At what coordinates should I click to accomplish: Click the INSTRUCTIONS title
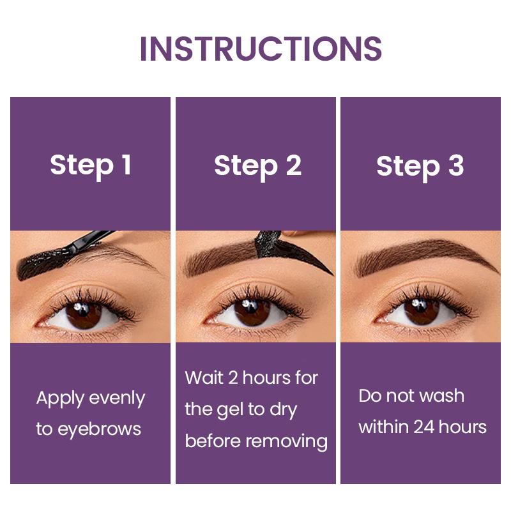click(x=261, y=49)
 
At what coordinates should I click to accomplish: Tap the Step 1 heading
click(x=90, y=165)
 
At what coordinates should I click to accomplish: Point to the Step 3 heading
click(x=420, y=166)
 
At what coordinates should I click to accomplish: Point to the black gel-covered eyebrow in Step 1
click(x=45, y=262)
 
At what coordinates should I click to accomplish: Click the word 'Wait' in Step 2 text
click(x=204, y=378)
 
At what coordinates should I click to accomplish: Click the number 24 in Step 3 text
click(x=422, y=426)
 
